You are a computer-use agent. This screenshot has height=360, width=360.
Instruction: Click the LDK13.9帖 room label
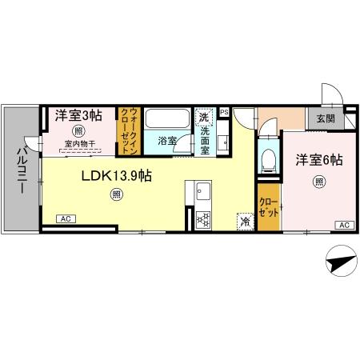tap(117, 176)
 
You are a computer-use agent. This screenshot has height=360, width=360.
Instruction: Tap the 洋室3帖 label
tap(78, 116)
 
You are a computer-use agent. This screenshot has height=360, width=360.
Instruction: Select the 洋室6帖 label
tap(319, 160)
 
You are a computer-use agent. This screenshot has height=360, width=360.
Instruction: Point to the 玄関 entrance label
tap(326, 118)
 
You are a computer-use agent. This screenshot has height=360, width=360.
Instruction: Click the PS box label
tap(224, 112)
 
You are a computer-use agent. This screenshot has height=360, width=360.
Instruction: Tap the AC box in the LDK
tap(66, 219)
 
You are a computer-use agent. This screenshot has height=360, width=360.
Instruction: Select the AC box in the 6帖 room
tap(344, 225)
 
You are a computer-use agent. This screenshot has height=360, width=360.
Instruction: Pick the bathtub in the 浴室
tap(167, 118)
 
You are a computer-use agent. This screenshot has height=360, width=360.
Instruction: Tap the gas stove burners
tap(203, 219)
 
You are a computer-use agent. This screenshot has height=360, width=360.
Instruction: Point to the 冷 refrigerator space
tap(245, 221)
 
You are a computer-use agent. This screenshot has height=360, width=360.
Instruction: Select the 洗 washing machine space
tap(205, 117)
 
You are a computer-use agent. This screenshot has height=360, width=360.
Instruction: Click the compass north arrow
tap(342, 262)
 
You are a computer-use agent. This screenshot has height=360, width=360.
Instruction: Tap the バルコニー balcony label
tap(22, 170)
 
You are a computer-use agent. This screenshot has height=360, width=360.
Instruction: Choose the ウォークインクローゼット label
tap(130, 131)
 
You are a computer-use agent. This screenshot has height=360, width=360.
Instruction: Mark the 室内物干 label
tap(80, 144)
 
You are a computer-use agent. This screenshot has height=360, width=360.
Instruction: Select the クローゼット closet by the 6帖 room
tap(269, 207)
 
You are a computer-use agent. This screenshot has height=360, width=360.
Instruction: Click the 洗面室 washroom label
tap(205, 141)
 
